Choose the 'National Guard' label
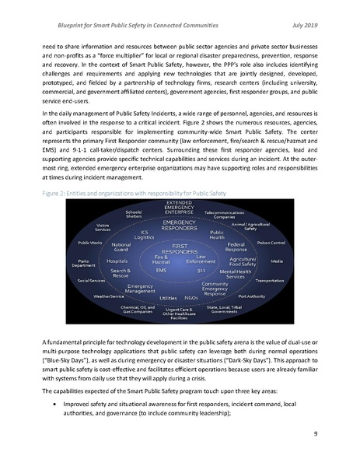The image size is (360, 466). pyautogui.click(x=121, y=247)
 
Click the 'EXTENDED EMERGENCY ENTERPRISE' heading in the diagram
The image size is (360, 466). pyautogui.click(x=180, y=205)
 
